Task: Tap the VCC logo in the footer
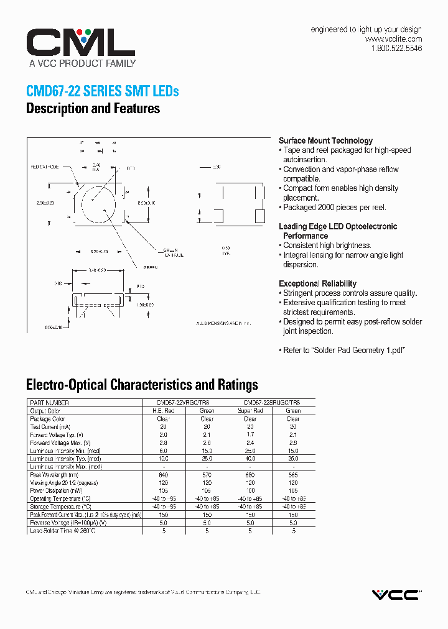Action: [396, 595]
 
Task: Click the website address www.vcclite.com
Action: [393, 39]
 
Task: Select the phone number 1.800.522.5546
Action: [396, 48]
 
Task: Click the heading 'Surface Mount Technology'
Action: [325, 140]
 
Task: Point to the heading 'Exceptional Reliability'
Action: [317, 283]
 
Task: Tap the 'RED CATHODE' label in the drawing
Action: [44, 167]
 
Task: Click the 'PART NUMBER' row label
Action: [49, 403]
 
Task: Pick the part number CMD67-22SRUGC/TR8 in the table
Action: [271, 403]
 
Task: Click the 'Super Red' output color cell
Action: [250, 411]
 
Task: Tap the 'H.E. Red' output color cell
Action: [164, 411]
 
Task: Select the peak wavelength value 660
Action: [250, 475]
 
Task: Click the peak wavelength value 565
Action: [293, 475]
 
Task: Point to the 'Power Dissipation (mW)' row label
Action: [59, 490]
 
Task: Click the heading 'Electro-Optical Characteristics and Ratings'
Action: [142, 385]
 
